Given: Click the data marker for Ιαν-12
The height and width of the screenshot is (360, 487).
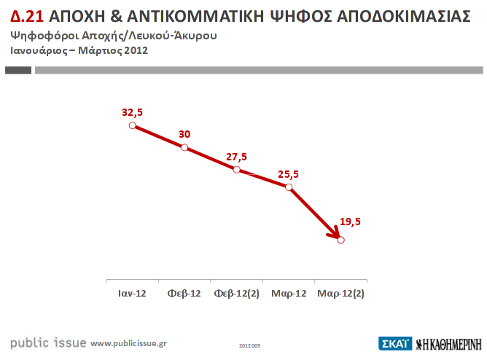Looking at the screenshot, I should point(133,125).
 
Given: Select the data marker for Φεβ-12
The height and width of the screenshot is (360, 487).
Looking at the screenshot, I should point(184,147).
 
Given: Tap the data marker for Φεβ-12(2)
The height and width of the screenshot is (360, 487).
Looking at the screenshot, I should point(237,169).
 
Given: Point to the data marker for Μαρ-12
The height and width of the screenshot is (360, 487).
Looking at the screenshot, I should point(289,187).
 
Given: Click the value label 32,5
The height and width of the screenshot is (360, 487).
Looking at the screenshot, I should point(133,112).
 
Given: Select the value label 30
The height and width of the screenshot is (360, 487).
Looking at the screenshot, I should point(184,134).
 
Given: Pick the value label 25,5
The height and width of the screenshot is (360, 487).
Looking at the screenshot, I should point(289,174).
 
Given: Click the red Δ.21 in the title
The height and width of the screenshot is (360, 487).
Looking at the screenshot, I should point(28,17).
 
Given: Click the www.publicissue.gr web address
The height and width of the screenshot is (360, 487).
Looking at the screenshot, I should point(128,343).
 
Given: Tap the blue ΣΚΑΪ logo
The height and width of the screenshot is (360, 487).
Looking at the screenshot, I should point(395,343).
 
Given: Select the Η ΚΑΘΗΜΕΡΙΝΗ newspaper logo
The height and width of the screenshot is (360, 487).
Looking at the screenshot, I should point(448,343).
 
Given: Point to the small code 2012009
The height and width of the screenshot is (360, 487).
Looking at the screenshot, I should point(250,344).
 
